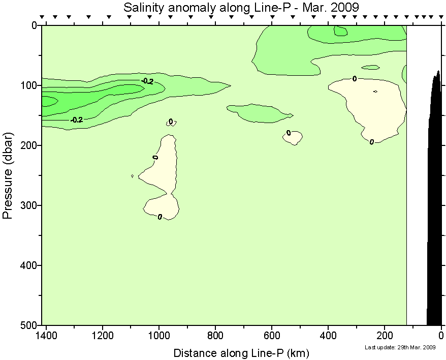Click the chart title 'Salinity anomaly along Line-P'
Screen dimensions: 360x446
pyautogui.click(x=241, y=7)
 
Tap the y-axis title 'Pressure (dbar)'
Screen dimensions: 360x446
pyautogui.click(x=7, y=175)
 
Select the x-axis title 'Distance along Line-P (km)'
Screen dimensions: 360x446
pyautogui.click(x=241, y=352)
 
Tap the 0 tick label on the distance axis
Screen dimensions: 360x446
pyautogui.click(x=441, y=336)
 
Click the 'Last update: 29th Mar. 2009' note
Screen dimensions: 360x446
pyautogui.click(x=400, y=347)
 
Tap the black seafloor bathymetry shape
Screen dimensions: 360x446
pyautogui.click(x=434, y=203)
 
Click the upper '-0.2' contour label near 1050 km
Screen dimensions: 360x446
pyautogui.click(x=147, y=81)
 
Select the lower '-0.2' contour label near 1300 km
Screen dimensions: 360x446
pyautogui.click(x=77, y=120)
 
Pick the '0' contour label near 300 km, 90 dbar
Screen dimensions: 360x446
pyautogui.click(x=354, y=78)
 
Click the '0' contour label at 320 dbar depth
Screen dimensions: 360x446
pyautogui.click(x=160, y=217)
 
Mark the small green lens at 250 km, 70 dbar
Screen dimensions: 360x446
pyautogui.click(x=371, y=67)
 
